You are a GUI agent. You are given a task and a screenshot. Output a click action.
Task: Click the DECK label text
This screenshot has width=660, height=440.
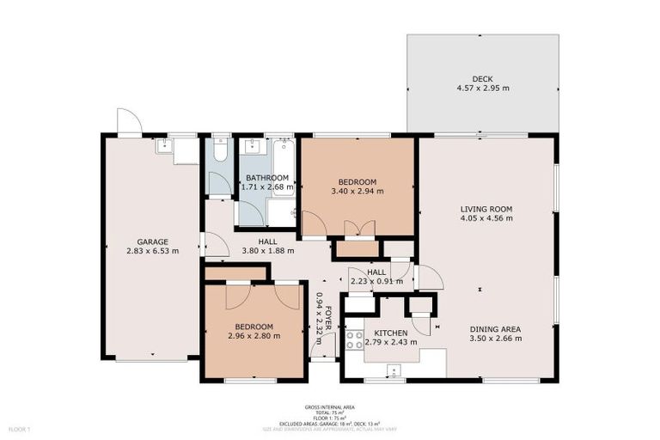[482, 78]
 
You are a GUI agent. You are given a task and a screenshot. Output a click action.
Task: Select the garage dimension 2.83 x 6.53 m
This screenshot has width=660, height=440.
[152, 251]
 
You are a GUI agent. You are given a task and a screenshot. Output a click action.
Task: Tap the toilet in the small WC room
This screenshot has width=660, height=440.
[220, 150]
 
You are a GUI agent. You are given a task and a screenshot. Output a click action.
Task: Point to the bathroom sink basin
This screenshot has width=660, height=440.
[252, 147]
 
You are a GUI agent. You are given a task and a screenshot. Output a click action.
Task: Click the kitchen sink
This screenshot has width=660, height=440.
[394, 372]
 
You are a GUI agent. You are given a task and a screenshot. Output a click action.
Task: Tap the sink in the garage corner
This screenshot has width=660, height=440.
[163, 147]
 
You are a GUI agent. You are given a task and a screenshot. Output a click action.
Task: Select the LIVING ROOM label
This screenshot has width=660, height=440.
[486, 209]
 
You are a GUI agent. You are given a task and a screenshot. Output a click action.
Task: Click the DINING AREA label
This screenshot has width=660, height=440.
[494, 329]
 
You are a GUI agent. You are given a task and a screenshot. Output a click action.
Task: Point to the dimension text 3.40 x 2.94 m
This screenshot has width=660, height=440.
[357, 191]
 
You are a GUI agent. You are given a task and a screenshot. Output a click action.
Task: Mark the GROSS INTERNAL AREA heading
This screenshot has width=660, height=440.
[329, 406]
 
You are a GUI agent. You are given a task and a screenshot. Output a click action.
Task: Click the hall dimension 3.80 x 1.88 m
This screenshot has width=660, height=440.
[267, 251]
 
